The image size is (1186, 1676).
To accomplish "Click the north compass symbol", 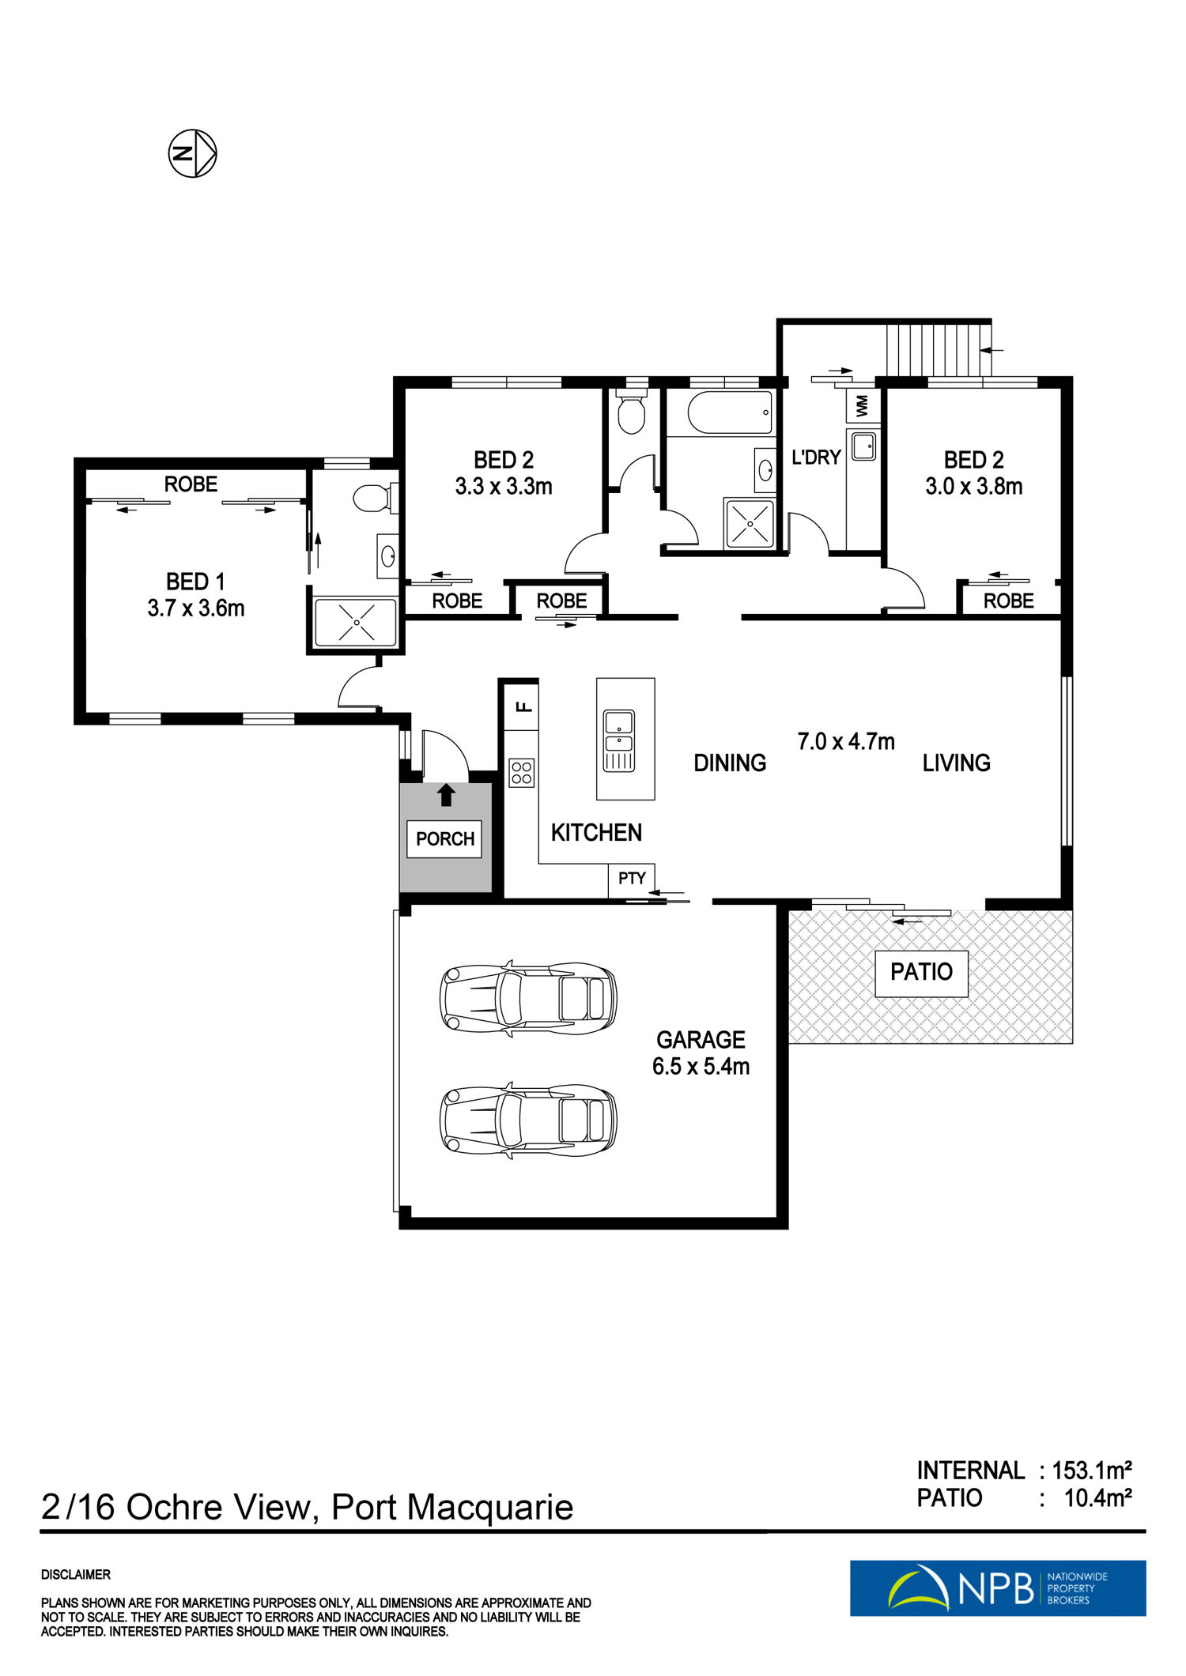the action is (192, 153).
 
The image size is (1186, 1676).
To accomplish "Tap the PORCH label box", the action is (445, 838).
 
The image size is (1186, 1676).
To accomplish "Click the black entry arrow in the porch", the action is (447, 794).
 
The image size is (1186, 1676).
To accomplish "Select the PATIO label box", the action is (921, 973).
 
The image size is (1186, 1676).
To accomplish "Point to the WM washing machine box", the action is (862, 406).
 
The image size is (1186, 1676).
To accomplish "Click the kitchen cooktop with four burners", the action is (521, 773).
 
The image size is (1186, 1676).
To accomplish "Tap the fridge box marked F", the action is (522, 705).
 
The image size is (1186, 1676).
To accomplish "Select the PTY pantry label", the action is (632, 878).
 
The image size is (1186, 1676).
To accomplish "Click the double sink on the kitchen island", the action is (618, 740).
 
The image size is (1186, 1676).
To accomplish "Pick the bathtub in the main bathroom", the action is (730, 412).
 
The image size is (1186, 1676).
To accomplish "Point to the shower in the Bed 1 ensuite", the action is (356, 622).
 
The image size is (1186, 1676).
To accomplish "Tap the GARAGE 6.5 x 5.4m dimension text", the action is (701, 1053).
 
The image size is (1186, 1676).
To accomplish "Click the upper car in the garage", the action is (528, 997).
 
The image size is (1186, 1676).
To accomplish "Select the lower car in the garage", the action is (528, 1120).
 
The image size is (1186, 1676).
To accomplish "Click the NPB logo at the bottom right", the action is (998, 1587).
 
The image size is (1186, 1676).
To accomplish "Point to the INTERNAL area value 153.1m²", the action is (1092, 1471).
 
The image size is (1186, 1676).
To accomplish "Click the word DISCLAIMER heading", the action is (76, 1575).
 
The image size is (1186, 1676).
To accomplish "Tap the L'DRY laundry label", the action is (816, 457).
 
